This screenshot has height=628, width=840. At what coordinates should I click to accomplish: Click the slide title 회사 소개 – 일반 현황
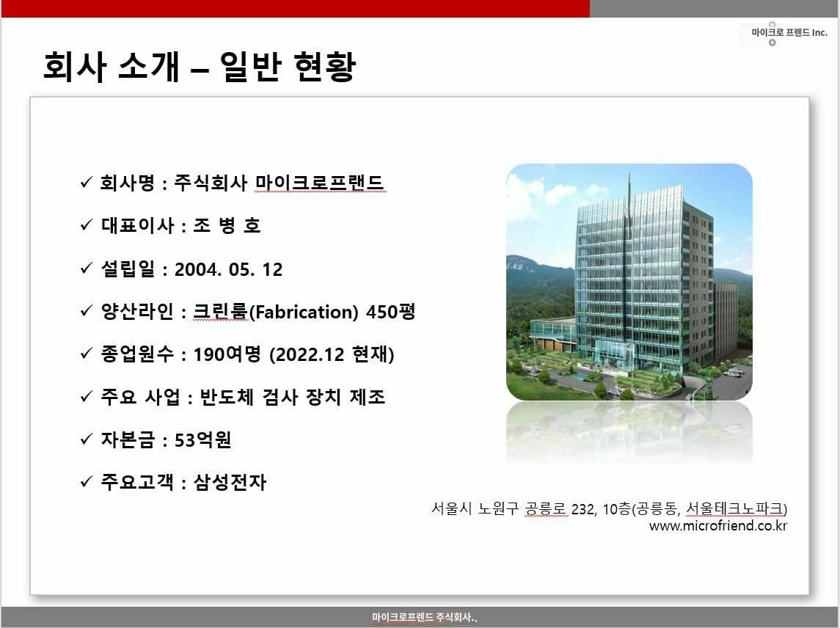[x=200, y=67]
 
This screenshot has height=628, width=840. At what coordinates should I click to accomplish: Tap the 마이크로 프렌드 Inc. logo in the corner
[x=786, y=33]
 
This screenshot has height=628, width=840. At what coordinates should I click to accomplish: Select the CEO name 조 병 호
[x=227, y=225]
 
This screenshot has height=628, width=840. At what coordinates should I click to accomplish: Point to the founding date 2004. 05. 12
[x=229, y=269]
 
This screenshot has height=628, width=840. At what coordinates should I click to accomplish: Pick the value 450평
[x=390, y=311]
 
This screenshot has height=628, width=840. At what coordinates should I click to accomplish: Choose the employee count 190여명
[x=227, y=354]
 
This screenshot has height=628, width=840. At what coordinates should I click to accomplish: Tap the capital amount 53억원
[x=203, y=440]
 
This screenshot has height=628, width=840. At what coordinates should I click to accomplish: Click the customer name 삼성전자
[x=230, y=483]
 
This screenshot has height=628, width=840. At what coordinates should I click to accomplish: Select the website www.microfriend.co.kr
[x=718, y=525]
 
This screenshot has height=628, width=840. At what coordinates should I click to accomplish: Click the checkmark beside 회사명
[x=87, y=183]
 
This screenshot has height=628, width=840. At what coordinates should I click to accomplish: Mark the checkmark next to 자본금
[x=87, y=439]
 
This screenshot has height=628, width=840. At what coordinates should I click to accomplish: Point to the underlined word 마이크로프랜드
[x=319, y=183]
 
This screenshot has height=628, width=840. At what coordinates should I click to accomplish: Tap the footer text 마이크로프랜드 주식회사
[x=424, y=617]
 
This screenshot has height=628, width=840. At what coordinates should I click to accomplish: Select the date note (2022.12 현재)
[x=332, y=354]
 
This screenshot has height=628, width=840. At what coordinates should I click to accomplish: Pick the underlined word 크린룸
[x=220, y=311]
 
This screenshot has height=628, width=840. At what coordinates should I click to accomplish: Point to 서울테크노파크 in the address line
[x=734, y=508]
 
